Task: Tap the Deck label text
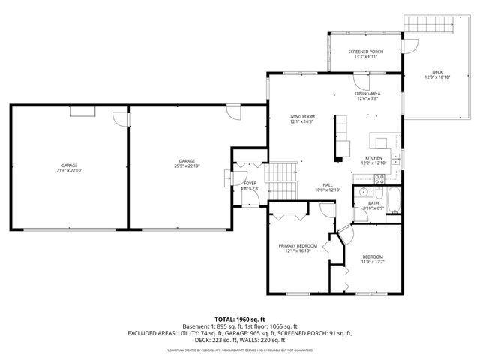click(x=437, y=73)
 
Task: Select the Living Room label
click(x=301, y=117)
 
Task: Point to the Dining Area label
click(x=367, y=94)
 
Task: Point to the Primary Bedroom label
click(x=298, y=246)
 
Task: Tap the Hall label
click(x=328, y=185)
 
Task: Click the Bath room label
click(x=373, y=202)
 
